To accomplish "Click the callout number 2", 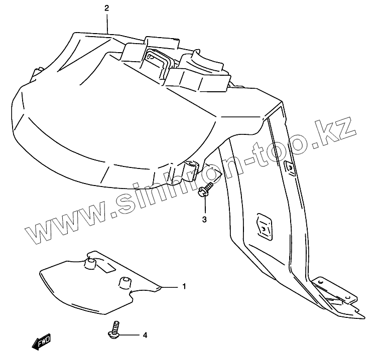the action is (x=106, y=8).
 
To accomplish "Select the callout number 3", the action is (x=204, y=219).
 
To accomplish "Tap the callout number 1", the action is (x=184, y=287).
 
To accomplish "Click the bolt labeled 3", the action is (x=204, y=191).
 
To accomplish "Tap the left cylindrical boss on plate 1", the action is (x=91, y=263).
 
